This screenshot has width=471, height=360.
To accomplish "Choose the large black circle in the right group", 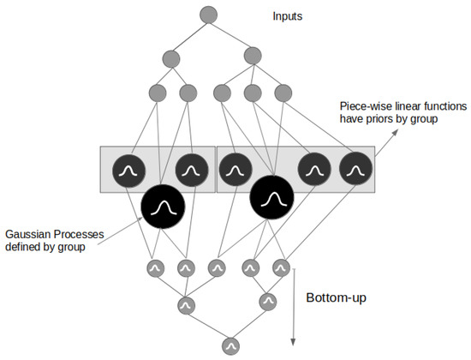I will coord(271,199).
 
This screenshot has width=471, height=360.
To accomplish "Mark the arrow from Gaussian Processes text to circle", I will coord(111,234).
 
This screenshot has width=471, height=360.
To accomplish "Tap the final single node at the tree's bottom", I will coord(229,345).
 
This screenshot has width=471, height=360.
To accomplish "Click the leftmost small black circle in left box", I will coord(127,171).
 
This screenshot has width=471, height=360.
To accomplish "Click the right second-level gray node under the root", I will coord(252,56).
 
